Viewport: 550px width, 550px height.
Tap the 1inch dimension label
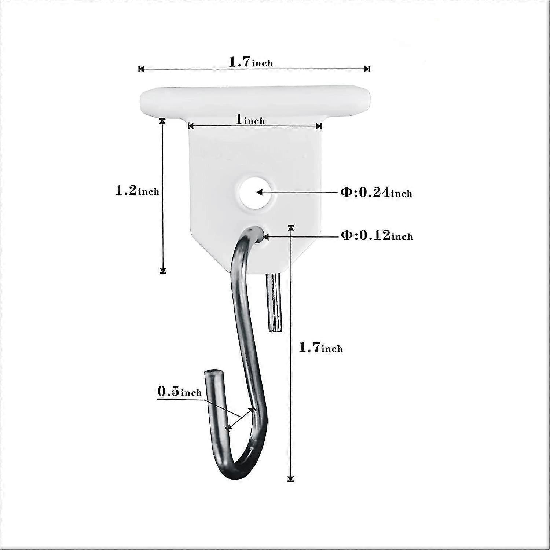(x=250, y=120)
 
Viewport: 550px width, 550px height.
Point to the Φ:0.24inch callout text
(x=377, y=192)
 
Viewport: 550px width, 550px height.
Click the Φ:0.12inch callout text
(x=377, y=235)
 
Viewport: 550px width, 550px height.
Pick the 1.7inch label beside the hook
(x=321, y=347)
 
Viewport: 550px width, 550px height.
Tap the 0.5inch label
(x=180, y=392)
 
